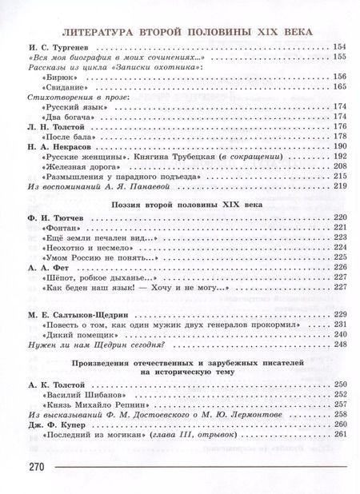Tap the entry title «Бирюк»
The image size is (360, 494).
54,77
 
